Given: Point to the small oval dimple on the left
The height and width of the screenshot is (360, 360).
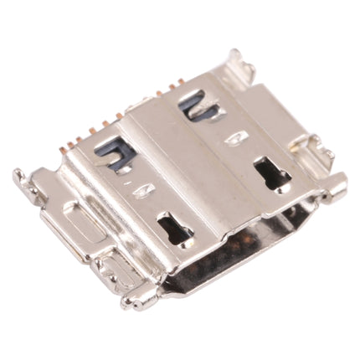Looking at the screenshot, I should [142, 192].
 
